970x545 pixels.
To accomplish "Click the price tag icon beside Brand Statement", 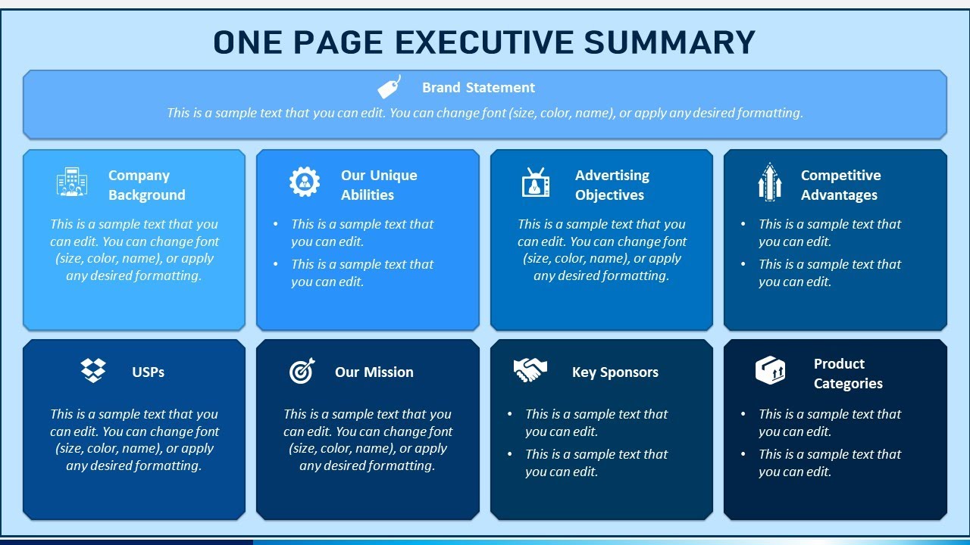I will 390,87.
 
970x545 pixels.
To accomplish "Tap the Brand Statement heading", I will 478,88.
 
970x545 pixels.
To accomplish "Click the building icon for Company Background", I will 72,182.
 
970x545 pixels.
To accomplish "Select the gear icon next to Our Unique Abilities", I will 305,182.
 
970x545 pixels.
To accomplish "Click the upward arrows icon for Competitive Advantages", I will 770,182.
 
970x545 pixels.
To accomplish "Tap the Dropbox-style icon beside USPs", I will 93,371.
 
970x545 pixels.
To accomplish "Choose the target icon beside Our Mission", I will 302,371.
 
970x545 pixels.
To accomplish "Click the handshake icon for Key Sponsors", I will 530,370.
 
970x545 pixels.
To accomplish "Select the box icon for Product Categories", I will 770,371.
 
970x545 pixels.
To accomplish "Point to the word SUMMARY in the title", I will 671,42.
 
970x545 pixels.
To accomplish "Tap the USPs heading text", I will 148,372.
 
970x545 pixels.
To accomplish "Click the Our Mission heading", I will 374,372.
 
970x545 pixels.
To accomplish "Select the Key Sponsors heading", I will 615,372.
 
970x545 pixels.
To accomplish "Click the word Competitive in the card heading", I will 840,176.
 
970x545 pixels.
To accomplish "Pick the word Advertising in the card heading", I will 612,176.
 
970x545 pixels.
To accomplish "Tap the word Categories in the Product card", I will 848,384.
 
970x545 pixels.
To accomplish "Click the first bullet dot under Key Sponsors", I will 508,415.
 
